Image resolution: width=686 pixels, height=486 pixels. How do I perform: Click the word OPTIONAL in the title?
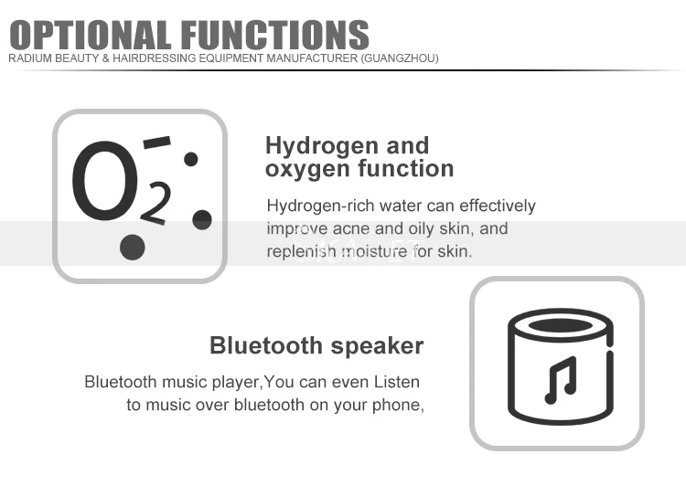point(91,35)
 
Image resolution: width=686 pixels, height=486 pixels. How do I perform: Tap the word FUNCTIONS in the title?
point(275,35)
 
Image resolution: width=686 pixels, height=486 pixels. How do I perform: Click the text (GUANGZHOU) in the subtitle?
point(400,58)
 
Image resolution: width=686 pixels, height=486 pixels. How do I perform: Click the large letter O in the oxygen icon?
point(105,181)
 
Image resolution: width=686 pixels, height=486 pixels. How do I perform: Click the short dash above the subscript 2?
point(156,142)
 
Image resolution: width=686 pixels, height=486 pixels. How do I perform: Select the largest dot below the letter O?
point(132,248)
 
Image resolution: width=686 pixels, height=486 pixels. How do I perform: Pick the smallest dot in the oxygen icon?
point(191,159)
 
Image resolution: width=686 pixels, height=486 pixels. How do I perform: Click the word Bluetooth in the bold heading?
point(266,345)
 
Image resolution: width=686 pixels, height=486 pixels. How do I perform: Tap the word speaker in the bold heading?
point(377,346)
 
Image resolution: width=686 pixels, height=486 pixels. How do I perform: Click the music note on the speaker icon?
point(561,380)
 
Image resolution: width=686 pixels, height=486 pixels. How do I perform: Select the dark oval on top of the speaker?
point(561,325)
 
